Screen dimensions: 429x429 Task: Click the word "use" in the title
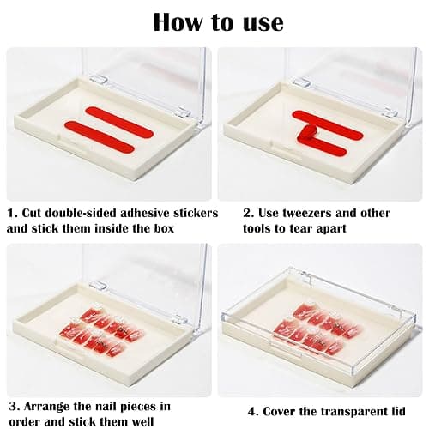click(263, 22)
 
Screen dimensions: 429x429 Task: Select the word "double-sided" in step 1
click(82, 213)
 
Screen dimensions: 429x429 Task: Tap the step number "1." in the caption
click(13, 213)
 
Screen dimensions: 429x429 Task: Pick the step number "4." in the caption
click(253, 412)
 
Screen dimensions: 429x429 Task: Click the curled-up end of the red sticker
click(306, 133)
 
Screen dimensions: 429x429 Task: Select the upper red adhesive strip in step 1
click(119, 122)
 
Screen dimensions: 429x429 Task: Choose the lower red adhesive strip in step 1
click(100, 136)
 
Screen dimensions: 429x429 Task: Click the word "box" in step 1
click(164, 228)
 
